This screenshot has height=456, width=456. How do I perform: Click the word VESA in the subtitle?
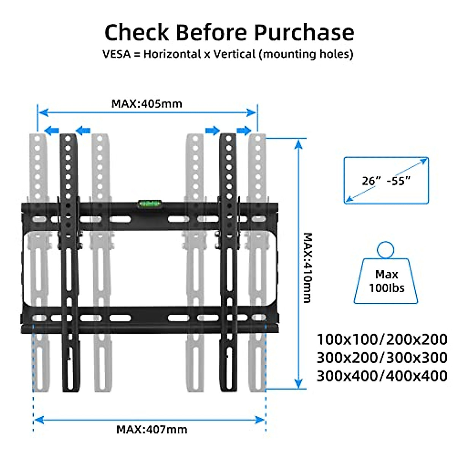[116, 54]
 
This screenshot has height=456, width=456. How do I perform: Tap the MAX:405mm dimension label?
[147, 104]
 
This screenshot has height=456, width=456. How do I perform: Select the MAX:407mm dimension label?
[152, 430]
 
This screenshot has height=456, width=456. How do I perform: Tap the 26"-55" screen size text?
[386, 180]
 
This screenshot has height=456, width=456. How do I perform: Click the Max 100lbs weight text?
[386, 281]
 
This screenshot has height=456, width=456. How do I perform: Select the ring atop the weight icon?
[386, 251]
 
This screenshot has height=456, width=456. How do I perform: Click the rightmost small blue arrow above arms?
[244, 131]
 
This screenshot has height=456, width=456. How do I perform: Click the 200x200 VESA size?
[417, 339]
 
